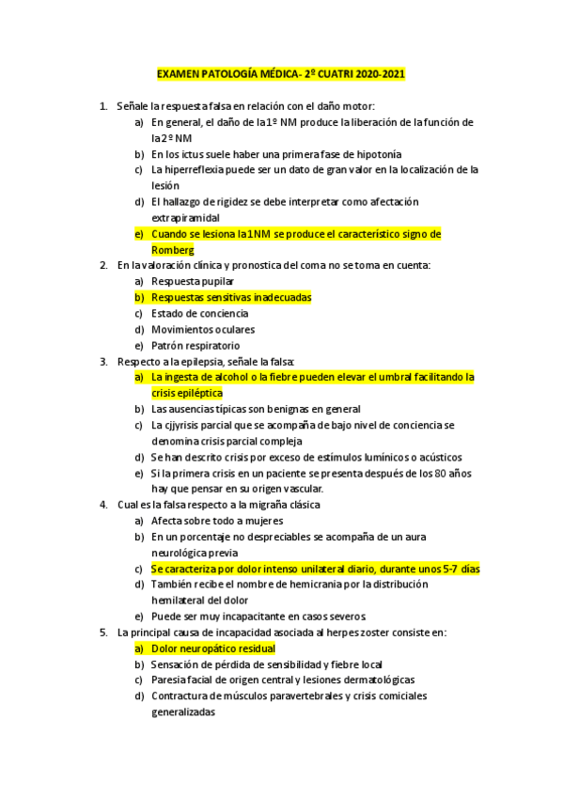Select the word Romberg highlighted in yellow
tap(172, 250)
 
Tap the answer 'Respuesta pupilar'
tap(193, 281)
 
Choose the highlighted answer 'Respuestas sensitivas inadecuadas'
tap(231, 297)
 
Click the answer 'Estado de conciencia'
tap(199, 313)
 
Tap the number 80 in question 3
tap(418, 473)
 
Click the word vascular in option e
tap(300, 489)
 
